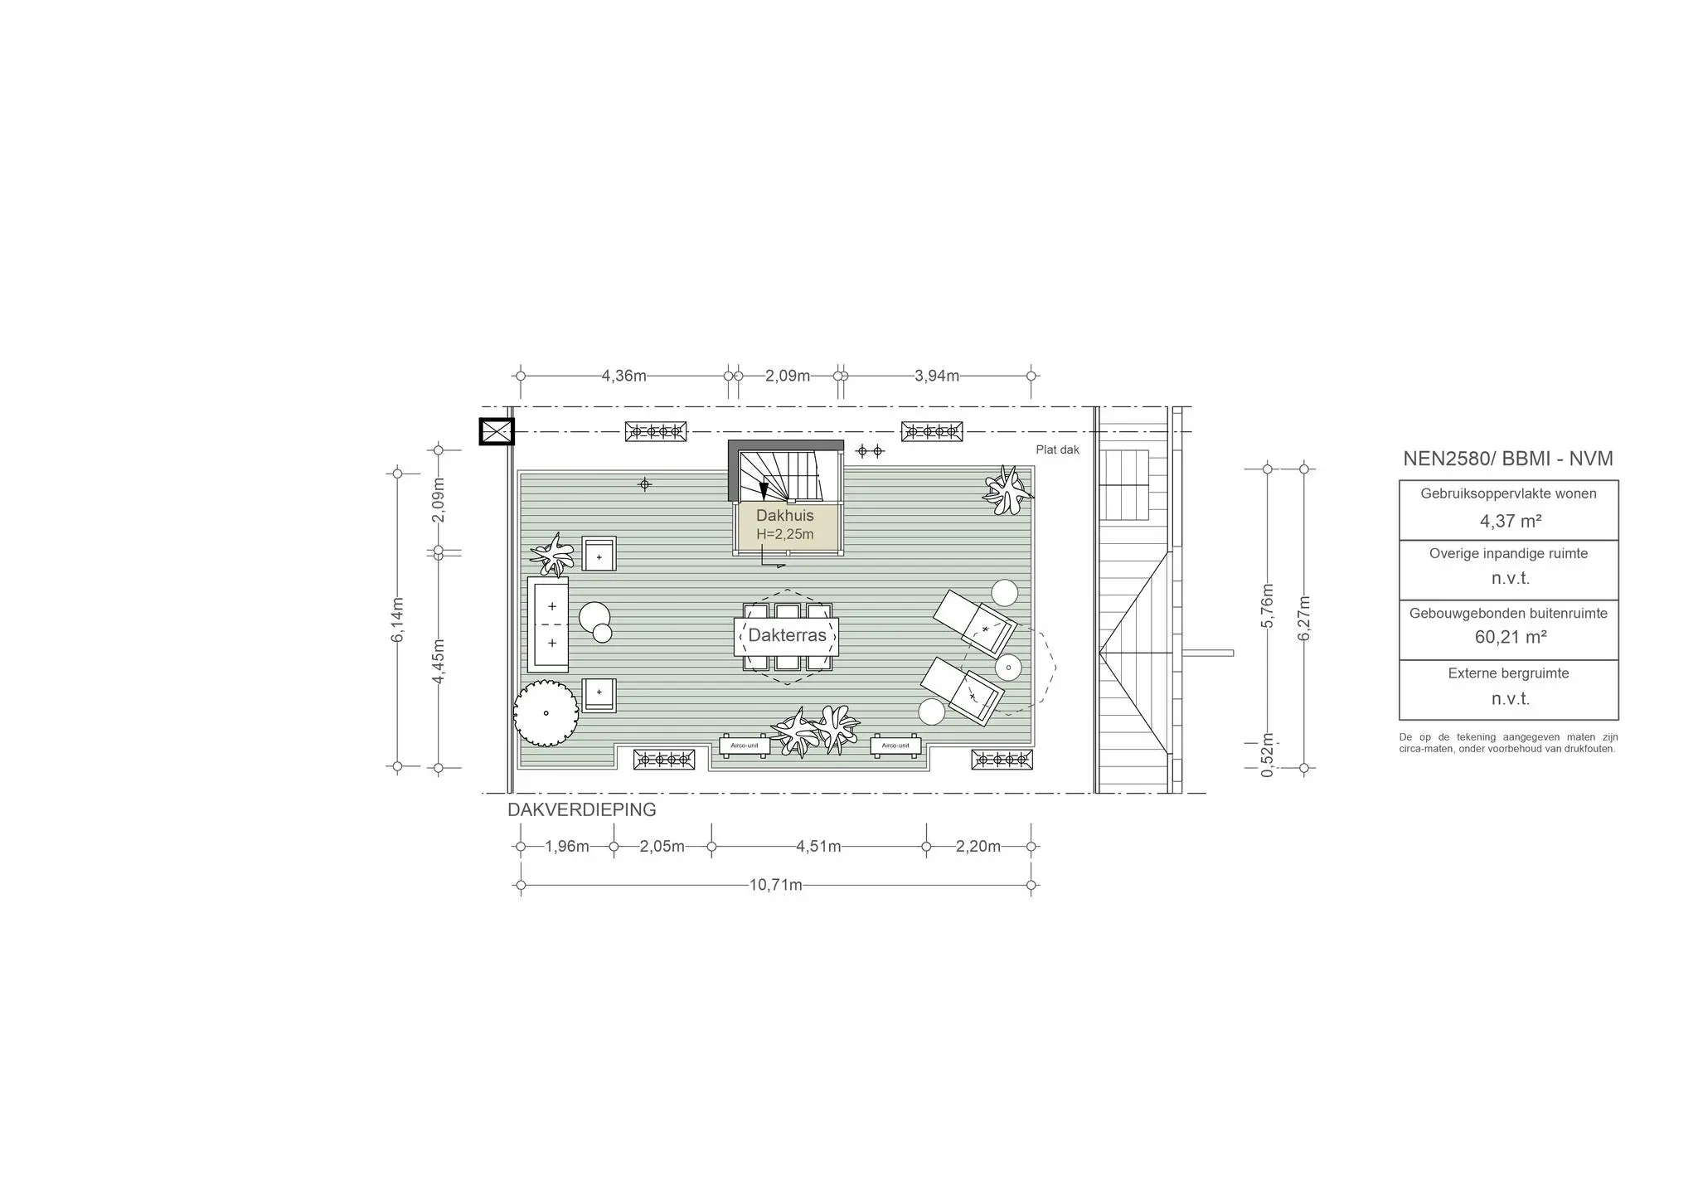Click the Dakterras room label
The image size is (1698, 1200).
tap(787, 635)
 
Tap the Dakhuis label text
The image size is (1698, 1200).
tap(784, 516)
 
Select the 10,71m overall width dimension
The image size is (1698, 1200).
tap(776, 885)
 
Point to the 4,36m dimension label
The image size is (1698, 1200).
tap(624, 376)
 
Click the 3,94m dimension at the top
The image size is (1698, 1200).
tap(937, 376)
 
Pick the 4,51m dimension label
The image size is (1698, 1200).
tap(818, 847)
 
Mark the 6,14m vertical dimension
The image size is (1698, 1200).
tap(398, 619)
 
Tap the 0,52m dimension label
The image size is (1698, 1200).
tap(1267, 755)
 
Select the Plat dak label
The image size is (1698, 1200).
tap(1057, 449)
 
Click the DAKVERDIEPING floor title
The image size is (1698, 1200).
tap(582, 809)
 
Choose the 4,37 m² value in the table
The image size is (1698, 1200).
tap(1510, 521)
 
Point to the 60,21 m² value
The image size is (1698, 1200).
tap(1510, 637)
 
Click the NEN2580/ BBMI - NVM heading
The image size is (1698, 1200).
tap(1508, 459)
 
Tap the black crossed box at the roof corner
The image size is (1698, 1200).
tap(497, 431)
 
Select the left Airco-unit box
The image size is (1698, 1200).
tap(745, 746)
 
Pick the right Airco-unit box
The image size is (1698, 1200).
tap(895, 746)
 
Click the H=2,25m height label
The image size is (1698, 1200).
tap(784, 534)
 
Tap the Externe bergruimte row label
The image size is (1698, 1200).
tap(1508, 673)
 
